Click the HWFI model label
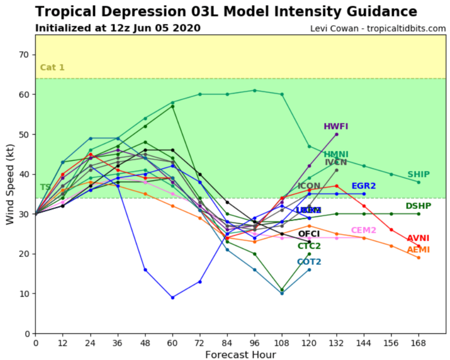pos(336,126)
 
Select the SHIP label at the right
pos(418,174)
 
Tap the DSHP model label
pos(418,206)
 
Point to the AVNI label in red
pos(418,238)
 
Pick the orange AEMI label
pos(418,250)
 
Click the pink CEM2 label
pos(363,230)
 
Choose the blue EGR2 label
pos(363,186)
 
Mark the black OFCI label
pos(309,234)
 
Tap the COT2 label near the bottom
pos(309,262)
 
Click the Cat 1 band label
pos(52,67)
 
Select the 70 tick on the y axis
pos(24,55)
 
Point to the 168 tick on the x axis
pos(418,343)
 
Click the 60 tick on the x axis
pos(172,343)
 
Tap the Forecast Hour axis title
pos(240,354)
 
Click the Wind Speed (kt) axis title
pos(10,184)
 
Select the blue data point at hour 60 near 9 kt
pos(173,297)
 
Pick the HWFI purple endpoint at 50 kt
pos(337,134)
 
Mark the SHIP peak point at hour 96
pos(255,91)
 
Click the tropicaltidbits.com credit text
pos(406,29)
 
